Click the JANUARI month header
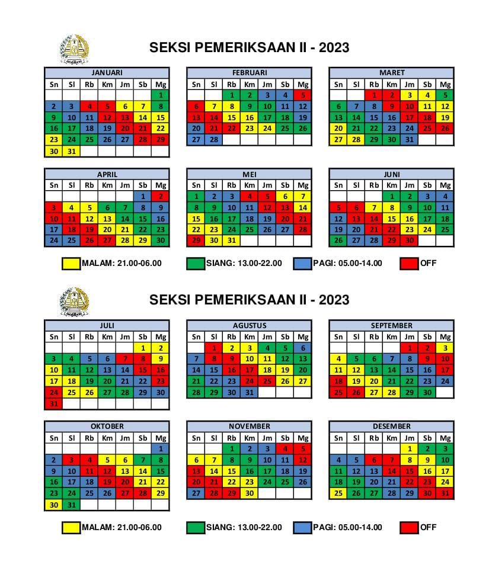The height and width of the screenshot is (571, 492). (x=107, y=73)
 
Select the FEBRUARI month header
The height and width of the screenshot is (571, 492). (x=249, y=73)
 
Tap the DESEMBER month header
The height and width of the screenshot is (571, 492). (x=391, y=426)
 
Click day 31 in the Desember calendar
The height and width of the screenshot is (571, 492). (x=445, y=493)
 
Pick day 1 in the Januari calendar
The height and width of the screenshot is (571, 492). (x=160, y=95)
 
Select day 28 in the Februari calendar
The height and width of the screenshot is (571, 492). (x=214, y=140)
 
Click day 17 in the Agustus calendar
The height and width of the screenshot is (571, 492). (x=250, y=370)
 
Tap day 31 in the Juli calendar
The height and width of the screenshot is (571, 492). (x=54, y=404)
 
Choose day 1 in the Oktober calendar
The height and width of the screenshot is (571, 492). (x=160, y=449)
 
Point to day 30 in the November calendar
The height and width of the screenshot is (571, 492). (x=250, y=493)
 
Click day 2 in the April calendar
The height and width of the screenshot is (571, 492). (x=160, y=197)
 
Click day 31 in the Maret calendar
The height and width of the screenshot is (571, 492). (x=410, y=140)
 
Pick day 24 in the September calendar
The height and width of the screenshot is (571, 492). (x=445, y=381)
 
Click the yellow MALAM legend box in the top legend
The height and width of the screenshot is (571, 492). (x=71, y=264)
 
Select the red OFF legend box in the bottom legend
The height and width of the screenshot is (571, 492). (x=409, y=528)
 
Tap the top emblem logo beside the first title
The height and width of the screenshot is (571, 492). (x=74, y=49)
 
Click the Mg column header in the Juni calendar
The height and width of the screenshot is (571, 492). (x=445, y=185)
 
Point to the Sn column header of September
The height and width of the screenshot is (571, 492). (x=338, y=337)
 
